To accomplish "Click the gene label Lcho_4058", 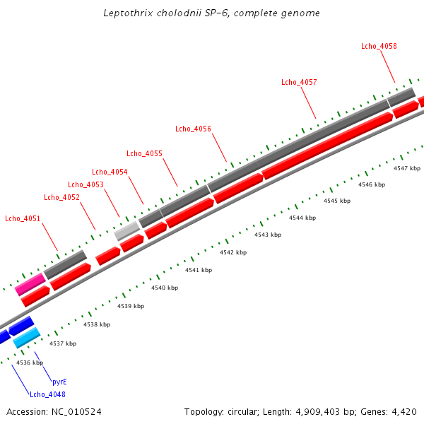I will (x=379, y=46).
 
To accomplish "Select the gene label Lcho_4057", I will (x=299, y=82).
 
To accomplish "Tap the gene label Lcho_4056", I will (x=193, y=129).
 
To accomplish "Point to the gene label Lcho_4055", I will (x=144, y=153).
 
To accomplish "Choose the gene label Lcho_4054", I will (x=110, y=172).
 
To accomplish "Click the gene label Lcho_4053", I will (x=86, y=184).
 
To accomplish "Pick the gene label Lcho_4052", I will (x=61, y=197).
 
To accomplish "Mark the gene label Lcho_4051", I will (x=23, y=218).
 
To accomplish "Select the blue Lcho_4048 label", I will (x=47, y=394).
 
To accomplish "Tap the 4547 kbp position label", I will (x=407, y=168).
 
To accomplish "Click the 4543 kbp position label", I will (x=268, y=235).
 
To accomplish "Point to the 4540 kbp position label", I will (x=165, y=288).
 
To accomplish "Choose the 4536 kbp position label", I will (x=30, y=363).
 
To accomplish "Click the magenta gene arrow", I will (x=30, y=285).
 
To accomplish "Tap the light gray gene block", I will (x=127, y=230).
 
